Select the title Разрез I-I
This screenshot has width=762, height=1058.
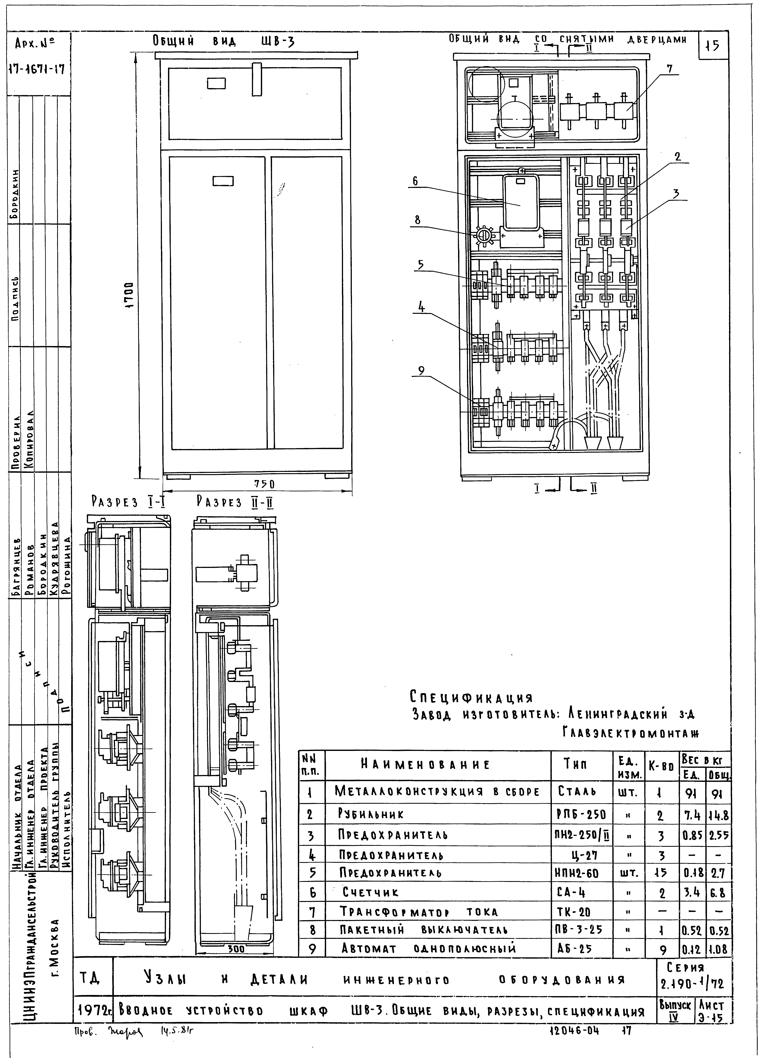129,502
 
